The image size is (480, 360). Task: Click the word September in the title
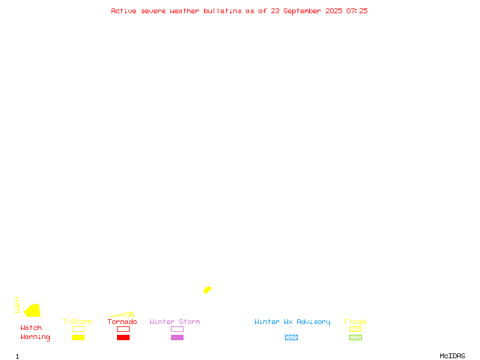click(x=302, y=11)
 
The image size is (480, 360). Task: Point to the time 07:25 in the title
click(x=356, y=11)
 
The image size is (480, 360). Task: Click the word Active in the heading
click(x=124, y=11)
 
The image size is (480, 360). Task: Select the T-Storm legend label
click(x=77, y=322)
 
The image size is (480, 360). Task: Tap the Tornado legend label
click(x=122, y=322)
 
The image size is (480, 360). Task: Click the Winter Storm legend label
click(x=175, y=322)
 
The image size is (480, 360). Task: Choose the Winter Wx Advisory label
click(x=292, y=322)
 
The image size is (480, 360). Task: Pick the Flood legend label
click(x=355, y=322)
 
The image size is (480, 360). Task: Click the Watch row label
click(x=31, y=328)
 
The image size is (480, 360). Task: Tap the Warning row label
click(x=35, y=337)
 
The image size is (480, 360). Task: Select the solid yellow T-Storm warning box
click(x=79, y=337)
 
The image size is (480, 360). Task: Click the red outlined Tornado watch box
click(x=124, y=329)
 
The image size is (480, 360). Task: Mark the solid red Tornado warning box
click(x=124, y=337)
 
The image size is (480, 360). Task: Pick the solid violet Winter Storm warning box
click(x=177, y=337)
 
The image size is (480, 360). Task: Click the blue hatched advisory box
click(x=291, y=337)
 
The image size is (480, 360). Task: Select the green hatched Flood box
click(x=355, y=337)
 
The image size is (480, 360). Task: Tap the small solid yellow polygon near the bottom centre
click(x=208, y=290)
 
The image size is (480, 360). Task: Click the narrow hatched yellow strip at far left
click(x=17, y=305)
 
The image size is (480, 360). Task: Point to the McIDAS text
click(x=452, y=356)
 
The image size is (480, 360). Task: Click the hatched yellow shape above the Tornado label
click(x=122, y=314)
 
